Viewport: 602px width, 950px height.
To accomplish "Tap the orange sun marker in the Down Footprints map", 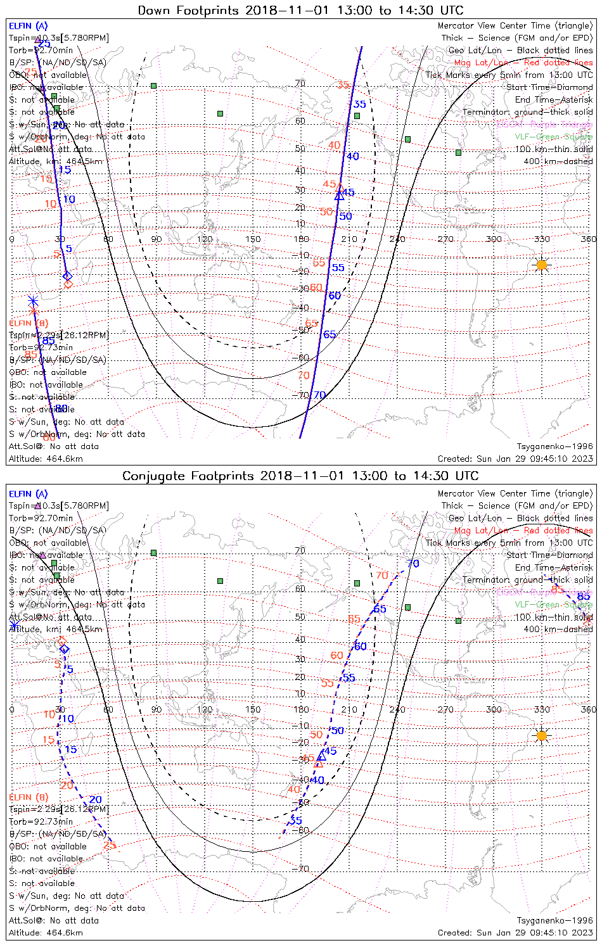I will (542, 265).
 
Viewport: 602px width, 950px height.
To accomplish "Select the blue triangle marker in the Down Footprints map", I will (339, 196).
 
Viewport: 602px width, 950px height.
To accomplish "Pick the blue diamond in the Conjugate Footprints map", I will (64, 649).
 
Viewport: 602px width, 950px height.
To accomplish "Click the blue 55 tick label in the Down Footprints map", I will (338, 268).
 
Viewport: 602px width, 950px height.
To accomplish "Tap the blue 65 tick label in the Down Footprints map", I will (330, 334).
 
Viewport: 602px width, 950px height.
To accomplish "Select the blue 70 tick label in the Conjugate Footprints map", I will (413, 564).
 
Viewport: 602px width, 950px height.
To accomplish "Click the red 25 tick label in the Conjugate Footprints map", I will (110, 845).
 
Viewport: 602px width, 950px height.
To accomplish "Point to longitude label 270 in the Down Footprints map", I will (445, 239).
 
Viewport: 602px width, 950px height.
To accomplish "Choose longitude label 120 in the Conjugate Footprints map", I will (205, 709).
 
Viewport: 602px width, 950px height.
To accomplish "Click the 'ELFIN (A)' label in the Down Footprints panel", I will (28, 26).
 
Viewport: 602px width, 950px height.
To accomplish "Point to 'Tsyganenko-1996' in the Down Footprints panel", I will (554, 446).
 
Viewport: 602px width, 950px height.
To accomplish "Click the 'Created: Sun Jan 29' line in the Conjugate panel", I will (515, 932).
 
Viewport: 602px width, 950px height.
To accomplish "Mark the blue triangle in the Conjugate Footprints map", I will (321, 756).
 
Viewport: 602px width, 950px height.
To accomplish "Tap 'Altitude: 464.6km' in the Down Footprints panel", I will (46, 459).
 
